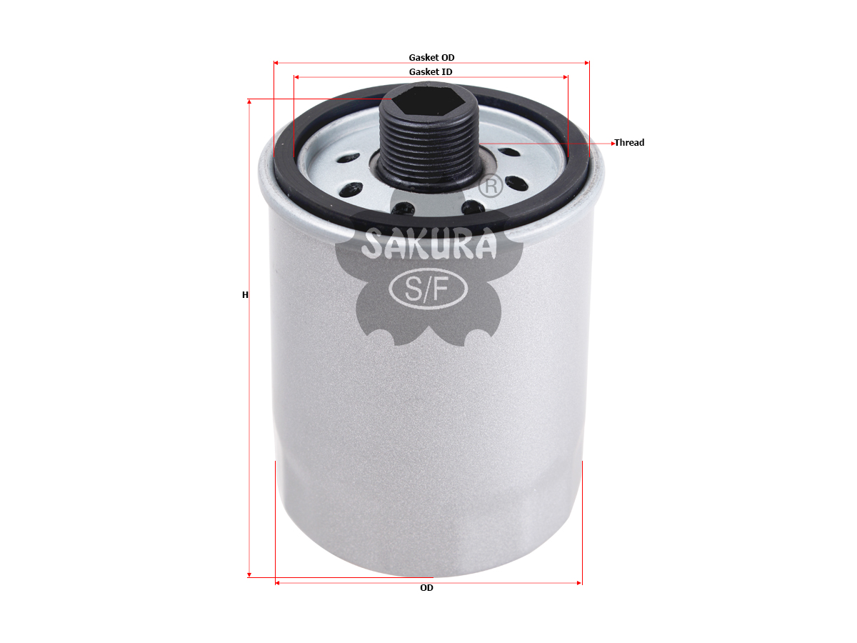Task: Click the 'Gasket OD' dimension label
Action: point(431,57)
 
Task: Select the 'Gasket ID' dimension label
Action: point(431,72)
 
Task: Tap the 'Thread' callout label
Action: point(629,142)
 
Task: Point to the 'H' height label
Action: point(245,295)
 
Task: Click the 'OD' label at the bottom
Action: point(426,587)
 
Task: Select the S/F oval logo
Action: point(428,289)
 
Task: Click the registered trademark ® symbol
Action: point(491,186)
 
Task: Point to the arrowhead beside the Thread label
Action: point(613,144)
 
